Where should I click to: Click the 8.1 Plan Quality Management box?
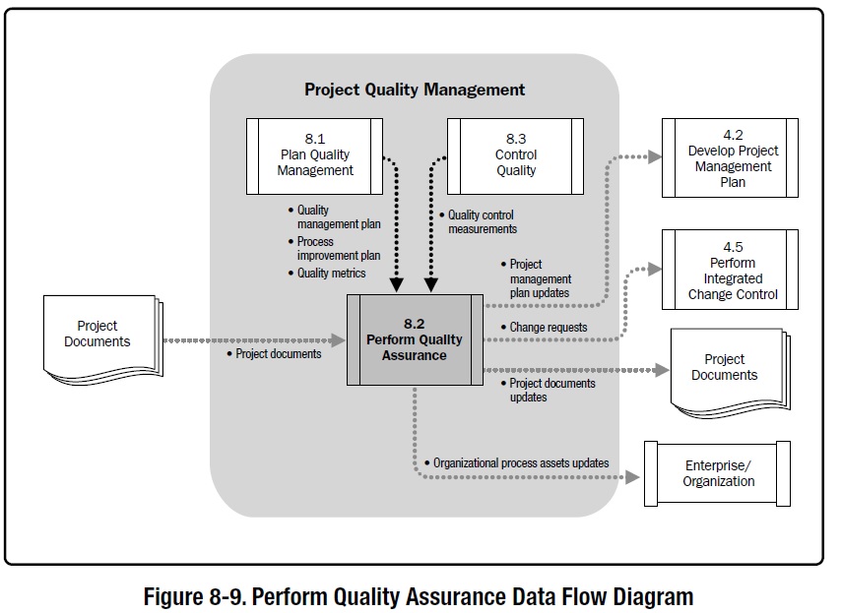pyautogui.click(x=314, y=154)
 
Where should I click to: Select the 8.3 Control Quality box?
pyautogui.click(x=515, y=154)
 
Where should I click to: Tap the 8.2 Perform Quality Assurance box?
pyautogui.click(x=414, y=339)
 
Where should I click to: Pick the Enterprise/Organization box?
pyautogui.click(x=718, y=473)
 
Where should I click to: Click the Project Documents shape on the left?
pyautogui.click(x=98, y=335)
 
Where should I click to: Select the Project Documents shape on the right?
pyautogui.click(x=726, y=368)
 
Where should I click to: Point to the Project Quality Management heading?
pyautogui.click(x=415, y=90)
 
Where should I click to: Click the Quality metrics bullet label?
pyautogui.click(x=331, y=274)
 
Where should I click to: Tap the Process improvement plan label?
pyautogui.click(x=338, y=249)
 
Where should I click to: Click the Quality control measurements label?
pyautogui.click(x=482, y=222)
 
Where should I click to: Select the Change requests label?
pyautogui.click(x=548, y=327)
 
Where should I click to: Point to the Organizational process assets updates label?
pyautogui.click(x=521, y=462)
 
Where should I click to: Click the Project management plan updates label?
pyautogui.click(x=540, y=279)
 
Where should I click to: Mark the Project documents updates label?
pyautogui.click(x=551, y=390)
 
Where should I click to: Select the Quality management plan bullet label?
pyautogui.click(x=339, y=217)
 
